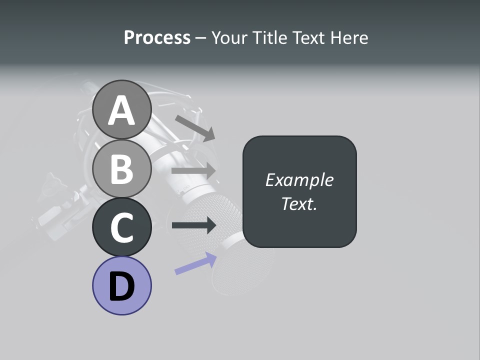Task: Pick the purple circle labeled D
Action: (121, 285)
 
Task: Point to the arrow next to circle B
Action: (193, 170)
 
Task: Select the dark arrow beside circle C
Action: (193, 225)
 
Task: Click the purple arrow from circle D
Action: (195, 263)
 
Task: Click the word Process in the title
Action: (157, 37)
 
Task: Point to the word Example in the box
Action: (299, 180)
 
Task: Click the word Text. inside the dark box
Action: (299, 203)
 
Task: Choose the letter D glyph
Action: (121, 286)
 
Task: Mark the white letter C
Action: (121, 227)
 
